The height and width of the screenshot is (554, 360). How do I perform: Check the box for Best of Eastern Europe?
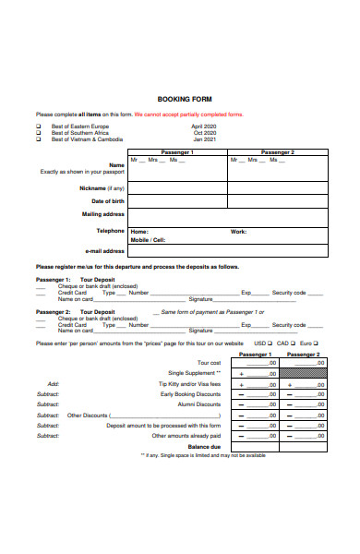(x=38, y=126)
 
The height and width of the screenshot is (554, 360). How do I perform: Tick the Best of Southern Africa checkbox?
(x=38, y=132)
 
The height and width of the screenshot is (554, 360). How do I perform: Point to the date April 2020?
(x=203, y=126)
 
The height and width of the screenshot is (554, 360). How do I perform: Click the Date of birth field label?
(x=107, y=200)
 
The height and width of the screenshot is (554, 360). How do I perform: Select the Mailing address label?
(x=103, y=214)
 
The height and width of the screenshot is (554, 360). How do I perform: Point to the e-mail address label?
(x=104, y=250)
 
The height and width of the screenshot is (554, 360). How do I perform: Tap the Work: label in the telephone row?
(x=238, y=232)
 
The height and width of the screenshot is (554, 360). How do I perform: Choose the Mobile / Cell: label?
(x=148, y=239)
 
